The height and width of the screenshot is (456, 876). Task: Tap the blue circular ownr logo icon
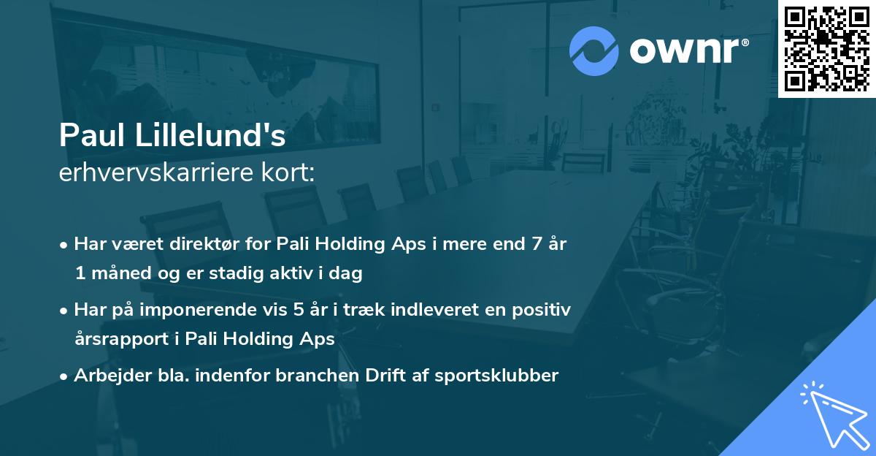[x=594, y=50]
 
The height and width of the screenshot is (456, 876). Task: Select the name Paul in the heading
[x=92, y=136]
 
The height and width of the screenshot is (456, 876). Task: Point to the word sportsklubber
[x=496, y=376]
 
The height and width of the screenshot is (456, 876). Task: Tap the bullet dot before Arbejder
[x=65, y=376]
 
